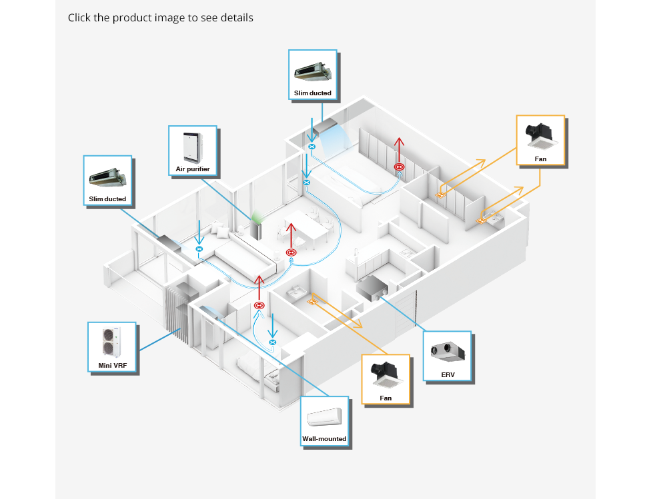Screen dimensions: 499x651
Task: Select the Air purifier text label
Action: coord(193,169)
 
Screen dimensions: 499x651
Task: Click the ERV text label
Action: coord(448,375)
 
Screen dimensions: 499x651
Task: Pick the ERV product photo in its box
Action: coord(448,350)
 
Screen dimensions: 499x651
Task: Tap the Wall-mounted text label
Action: coord(325,439)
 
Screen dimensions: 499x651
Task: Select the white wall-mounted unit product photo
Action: coord(325,416)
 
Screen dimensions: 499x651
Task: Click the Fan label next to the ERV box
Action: coord(386,398)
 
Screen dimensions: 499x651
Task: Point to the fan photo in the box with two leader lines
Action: coord(540,135)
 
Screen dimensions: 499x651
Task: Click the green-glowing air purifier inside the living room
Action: coord(255,227)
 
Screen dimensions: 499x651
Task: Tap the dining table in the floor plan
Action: coord(308,227)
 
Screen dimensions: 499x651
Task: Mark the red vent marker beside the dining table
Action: coord(291,252)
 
